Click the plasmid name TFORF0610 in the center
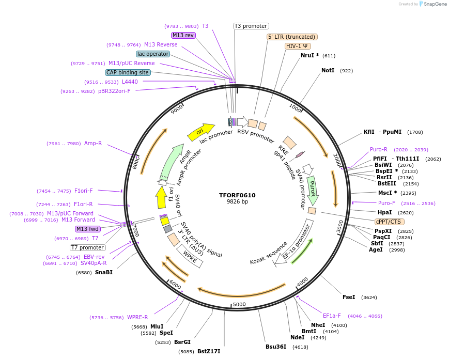tap(237, 195)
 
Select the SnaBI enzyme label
tap(103, 272)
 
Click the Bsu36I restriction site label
tap(276, 347)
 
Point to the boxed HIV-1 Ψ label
tap(298, 46)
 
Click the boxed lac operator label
tap(153, 54)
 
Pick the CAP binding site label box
tap(128, 73)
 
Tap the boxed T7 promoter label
tap(88, 247)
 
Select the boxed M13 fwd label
tap(88, 229)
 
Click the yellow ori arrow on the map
tap(200, 132)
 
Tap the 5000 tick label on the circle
tap(239, 304)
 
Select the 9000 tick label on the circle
tap(177, 109)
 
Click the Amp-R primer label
tap(93, 144)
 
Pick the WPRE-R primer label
tap(137, 318)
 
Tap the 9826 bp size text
tap(237, 202)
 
